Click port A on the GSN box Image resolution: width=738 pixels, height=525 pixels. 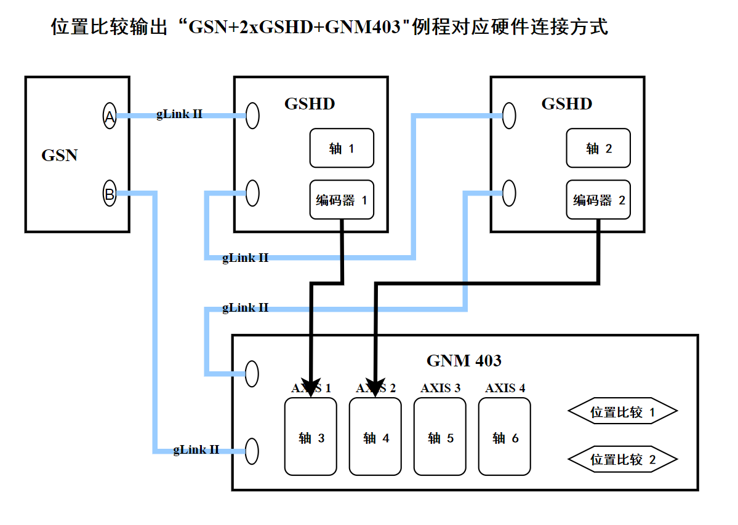[109, 116]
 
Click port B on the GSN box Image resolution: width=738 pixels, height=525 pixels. [109, 194]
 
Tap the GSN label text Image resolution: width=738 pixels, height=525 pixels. [60, 155]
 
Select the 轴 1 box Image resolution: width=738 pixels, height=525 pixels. [342, 148]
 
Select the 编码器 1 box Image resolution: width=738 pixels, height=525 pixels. [342, 200]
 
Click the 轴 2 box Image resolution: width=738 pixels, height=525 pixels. [598, 148]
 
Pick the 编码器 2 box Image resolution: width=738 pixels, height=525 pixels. [598, 200]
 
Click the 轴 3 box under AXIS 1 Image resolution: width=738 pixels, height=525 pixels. [311, 437]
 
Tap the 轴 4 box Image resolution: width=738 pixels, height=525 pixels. [375, 437]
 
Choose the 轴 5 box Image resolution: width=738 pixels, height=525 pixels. [440, 437]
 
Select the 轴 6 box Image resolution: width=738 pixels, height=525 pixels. [505, 437]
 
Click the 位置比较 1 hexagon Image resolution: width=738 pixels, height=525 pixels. [622, 412]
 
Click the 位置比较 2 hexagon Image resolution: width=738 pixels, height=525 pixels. [622, 459]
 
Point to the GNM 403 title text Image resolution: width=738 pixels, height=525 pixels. [463, 360]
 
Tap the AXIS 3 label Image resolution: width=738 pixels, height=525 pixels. [440, 388]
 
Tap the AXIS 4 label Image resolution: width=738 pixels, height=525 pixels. [505, 388]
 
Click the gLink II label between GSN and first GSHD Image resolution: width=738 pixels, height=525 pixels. [179, 114]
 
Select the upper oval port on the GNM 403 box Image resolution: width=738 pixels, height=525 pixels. [252, 373]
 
